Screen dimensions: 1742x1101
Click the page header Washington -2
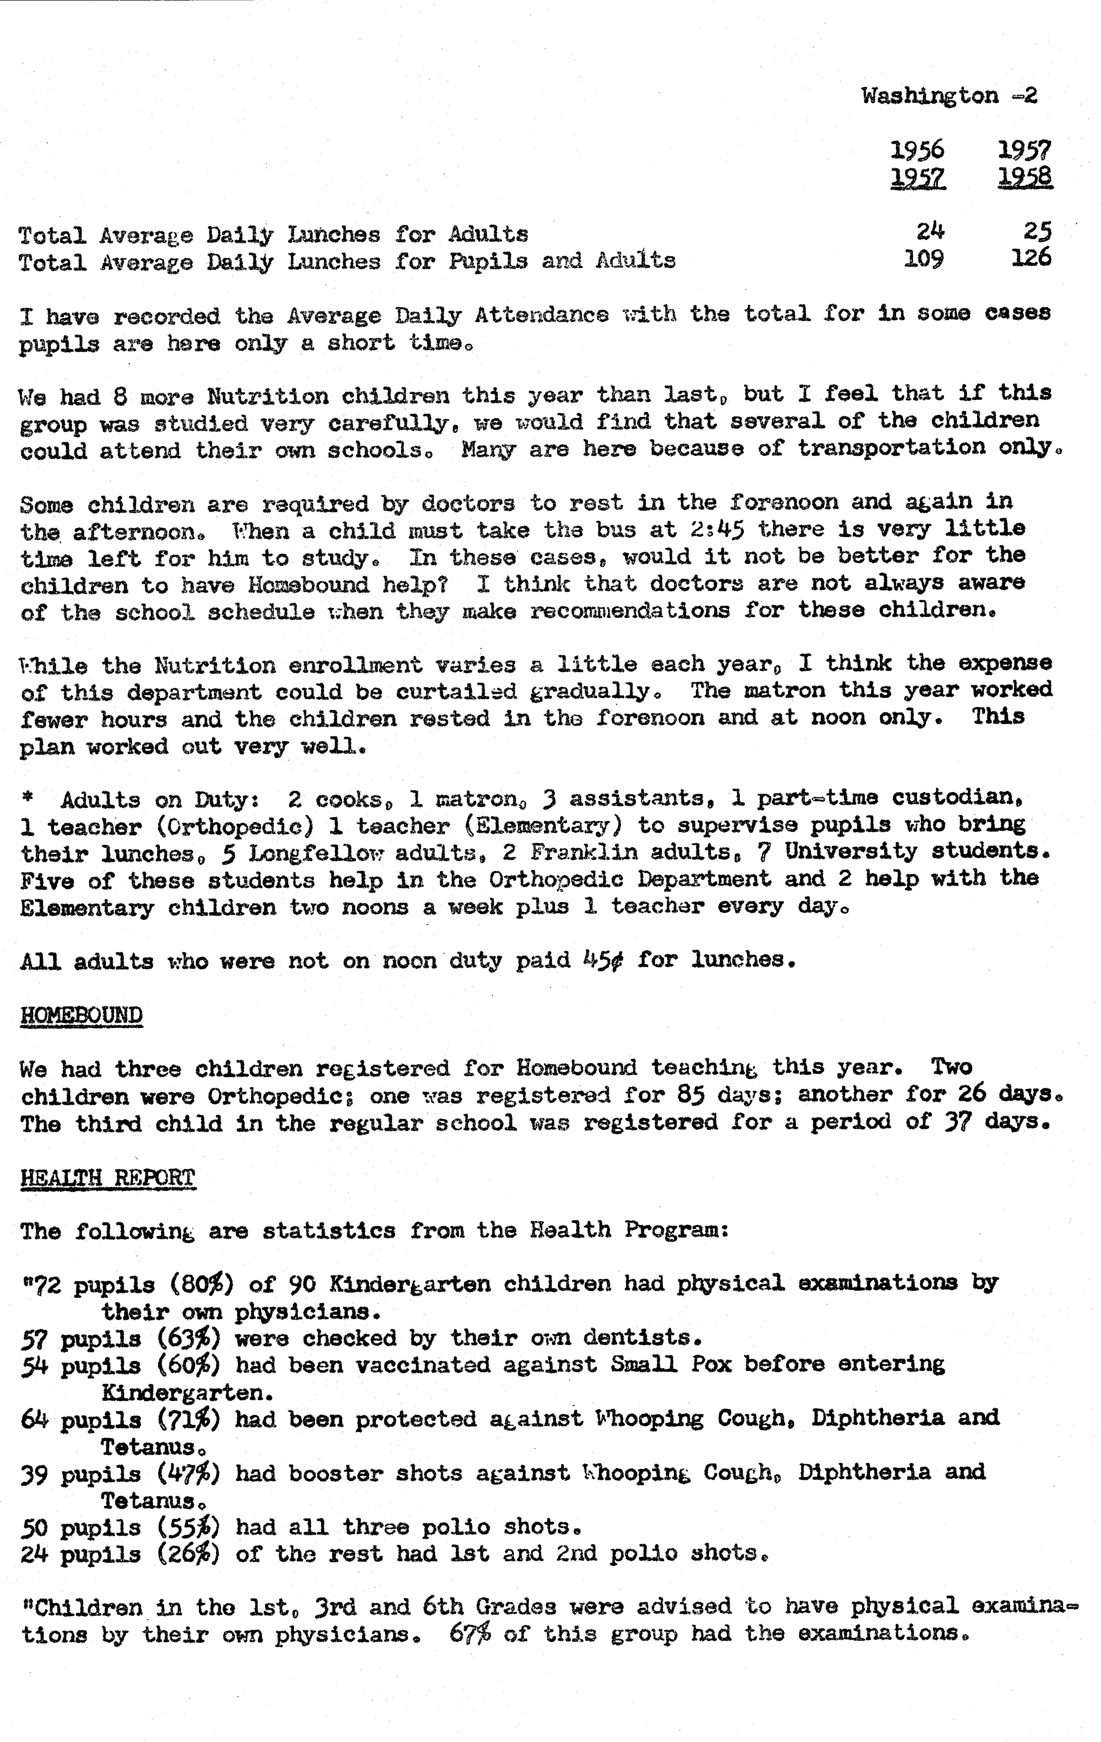949,96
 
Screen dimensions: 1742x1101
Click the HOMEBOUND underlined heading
81,1015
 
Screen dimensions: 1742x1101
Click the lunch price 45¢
603,960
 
